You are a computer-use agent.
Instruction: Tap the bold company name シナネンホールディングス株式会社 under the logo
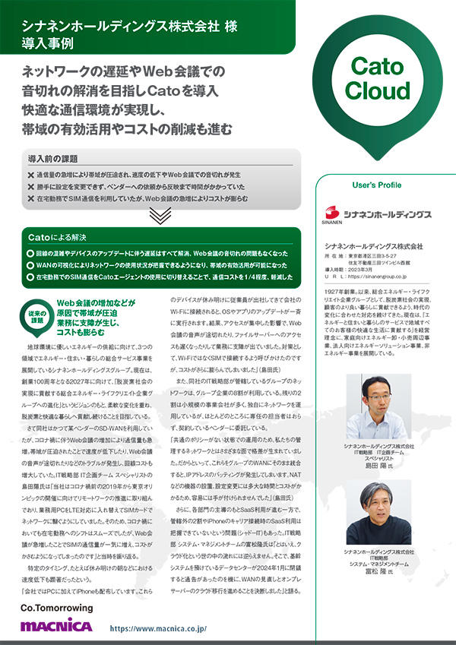pos(372,247)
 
